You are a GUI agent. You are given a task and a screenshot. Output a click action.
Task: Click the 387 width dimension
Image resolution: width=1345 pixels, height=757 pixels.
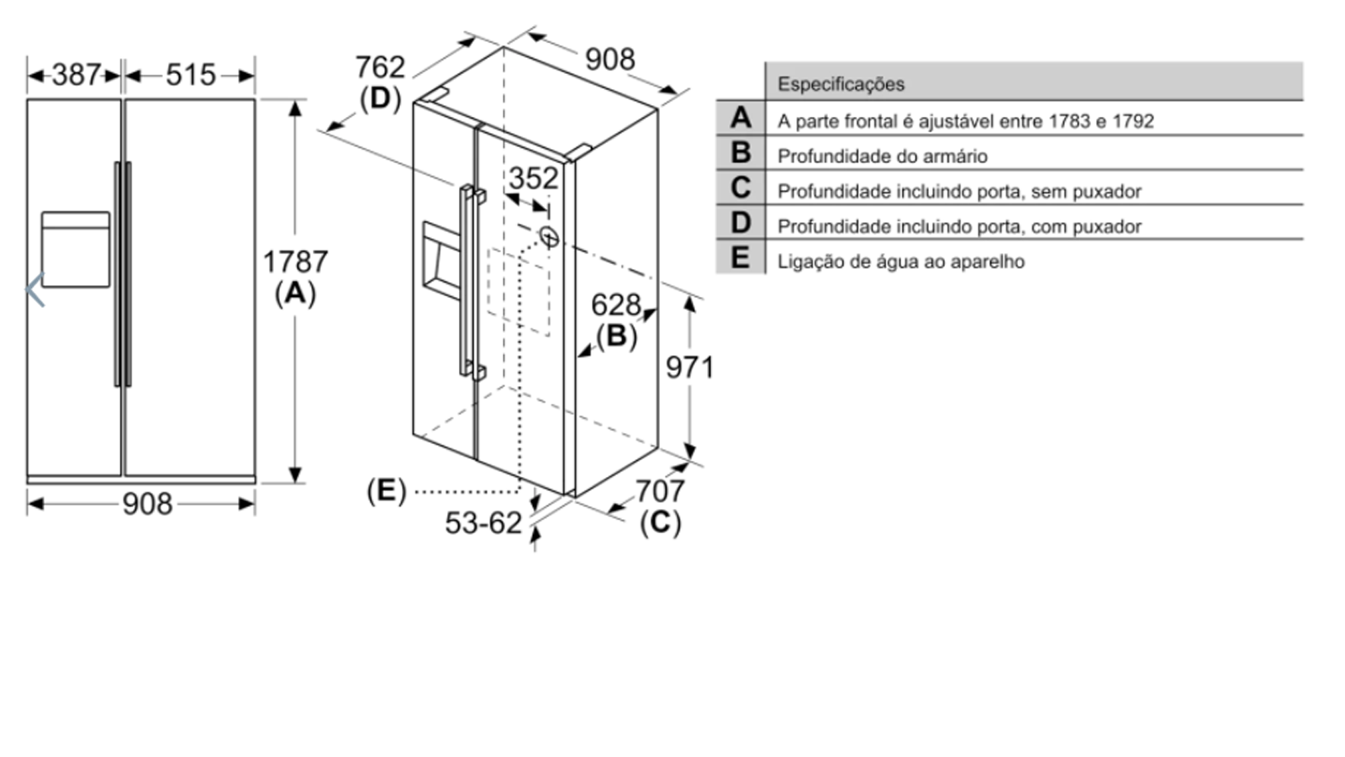pyautogui.click(x=76, y=75)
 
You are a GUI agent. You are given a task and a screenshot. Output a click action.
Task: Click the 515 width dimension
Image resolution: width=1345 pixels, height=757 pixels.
pyautogui.click(x=191, y=75)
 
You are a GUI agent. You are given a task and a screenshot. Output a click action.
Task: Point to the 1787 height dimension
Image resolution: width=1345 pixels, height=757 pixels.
pyautogui.click(x=295, y=262)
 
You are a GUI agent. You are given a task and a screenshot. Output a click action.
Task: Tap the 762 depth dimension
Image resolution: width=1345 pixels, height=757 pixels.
pyautogui.click(x=380, y=66)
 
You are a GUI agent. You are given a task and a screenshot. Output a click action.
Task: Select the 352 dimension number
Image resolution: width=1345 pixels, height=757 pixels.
pyautogui.click(x=533, y=178)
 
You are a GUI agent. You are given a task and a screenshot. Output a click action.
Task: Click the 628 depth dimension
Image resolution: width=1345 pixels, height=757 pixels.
pyautogui.click(x=615, y=304)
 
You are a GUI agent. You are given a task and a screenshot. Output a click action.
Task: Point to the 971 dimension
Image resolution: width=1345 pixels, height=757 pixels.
pyautogui.click(x=689, y=367)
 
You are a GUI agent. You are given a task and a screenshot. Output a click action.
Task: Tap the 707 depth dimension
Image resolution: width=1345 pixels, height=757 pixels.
pyautogui.click(x=659, y=490)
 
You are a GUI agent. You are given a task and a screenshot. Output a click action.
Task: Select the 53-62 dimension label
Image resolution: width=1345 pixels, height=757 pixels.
pyautogui.click(x=483, y=523)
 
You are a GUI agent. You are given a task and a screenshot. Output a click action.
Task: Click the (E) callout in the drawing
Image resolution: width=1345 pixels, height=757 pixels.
pyautogui.click(x=386, y=490)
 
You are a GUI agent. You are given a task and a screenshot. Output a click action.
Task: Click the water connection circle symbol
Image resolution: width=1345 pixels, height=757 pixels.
pyautogui.click(x=549, y=237)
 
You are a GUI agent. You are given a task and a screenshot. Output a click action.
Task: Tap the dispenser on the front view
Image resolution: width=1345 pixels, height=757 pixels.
pyautogui.click(x=76, y=249)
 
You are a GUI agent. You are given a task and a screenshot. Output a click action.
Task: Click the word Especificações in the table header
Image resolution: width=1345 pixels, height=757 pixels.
pyautogui.click(x=841, y=84)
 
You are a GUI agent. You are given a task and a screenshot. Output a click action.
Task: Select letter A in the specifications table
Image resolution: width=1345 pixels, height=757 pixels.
pyautogui.click(x=741, y=118)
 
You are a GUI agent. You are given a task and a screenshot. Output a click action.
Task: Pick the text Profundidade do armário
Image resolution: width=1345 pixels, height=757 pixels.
pyautogui.click(x=882, y=156)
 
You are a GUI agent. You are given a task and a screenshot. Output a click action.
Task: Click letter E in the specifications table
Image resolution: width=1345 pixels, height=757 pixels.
pyautogui.click(x=741, y=257)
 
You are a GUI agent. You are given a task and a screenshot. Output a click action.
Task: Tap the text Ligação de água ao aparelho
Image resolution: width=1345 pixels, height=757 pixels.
pyautogui.click(x=900, y=262)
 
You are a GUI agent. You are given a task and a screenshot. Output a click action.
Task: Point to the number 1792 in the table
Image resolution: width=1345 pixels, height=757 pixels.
pyautogui.click(x=1132, y=121)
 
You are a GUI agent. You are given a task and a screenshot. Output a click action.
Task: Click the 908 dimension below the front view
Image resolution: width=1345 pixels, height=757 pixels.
pyautogui.click(x=147, y=504)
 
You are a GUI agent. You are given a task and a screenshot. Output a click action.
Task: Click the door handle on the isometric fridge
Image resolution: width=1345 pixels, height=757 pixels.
pyautogui.click(x=467, y=282)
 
